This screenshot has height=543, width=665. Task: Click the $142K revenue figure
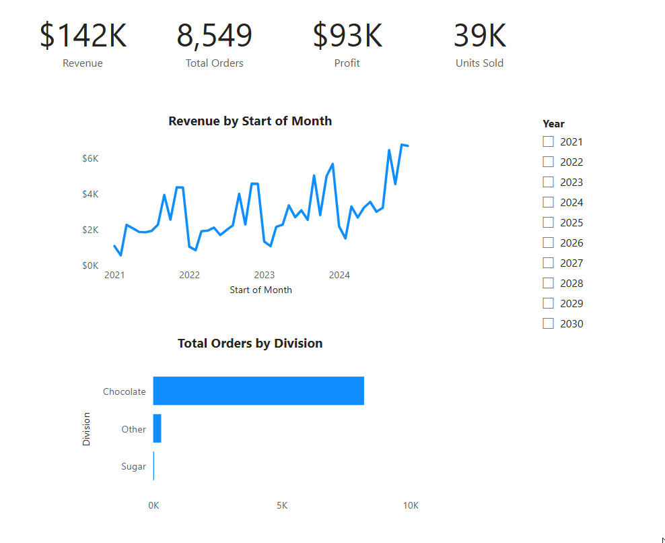(83, 35)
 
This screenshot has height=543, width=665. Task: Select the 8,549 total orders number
(214, 36)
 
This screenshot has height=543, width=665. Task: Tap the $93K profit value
(347, 35)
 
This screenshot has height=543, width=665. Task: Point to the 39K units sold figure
(480, 35)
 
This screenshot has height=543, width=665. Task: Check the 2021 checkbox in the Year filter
(549, 141)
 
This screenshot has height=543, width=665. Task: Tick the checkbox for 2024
(549, 202)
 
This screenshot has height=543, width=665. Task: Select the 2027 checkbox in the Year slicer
(549, 263)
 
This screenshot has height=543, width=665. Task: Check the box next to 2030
(549, 323)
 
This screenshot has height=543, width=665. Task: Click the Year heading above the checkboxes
(553, 124)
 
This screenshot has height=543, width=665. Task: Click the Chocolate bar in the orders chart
(258, 391)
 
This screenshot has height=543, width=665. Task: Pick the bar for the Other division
(157, 428)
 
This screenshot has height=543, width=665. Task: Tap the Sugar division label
(133, 466)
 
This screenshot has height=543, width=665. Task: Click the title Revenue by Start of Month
(250, 121)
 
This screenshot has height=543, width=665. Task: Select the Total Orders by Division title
(250, 343)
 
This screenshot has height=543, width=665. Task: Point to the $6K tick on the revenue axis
(90, 158)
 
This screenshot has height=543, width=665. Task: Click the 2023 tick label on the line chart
(265, 275)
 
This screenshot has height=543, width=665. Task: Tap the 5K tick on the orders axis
(282, 505)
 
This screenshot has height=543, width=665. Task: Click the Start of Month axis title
(261, 290)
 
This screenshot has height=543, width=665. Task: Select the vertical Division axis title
(86, 428)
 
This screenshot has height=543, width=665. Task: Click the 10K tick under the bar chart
(411, 505)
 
